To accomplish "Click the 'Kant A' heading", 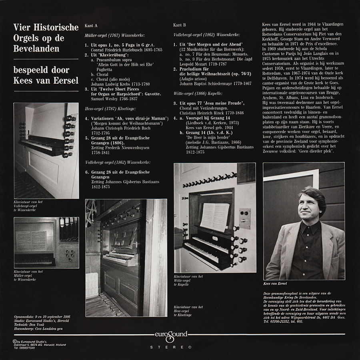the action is [91, 26].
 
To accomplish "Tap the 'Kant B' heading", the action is [180, 25].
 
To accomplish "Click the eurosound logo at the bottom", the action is [171, 335].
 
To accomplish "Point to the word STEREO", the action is [171, 347].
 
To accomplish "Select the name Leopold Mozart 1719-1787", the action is [203, 64].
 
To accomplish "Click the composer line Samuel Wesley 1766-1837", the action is [114, 99].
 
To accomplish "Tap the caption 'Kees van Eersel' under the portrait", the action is [275, 284].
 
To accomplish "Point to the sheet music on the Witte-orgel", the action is [214, 217].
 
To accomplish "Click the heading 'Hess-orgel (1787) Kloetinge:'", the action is [110, 108].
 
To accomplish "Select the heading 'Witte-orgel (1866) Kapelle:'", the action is [198, 94].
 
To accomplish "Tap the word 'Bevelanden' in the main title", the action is [36, 49].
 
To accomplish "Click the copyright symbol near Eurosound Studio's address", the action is [15, 342].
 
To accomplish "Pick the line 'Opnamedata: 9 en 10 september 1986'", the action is [42, 317].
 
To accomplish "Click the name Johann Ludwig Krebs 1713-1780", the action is [120, 84].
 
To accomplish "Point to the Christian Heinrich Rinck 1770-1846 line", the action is [212, 113].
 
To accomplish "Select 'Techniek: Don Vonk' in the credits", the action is [29, 325].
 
